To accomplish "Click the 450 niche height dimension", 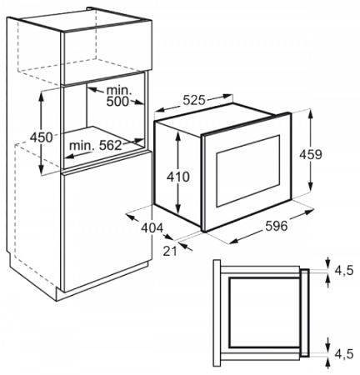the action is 42,137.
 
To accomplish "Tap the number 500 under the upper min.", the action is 118,102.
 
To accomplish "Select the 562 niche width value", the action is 110,145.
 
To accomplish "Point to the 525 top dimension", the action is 193,101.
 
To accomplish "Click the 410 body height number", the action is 177,177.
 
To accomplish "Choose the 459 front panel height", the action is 311,155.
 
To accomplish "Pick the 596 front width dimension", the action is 276,226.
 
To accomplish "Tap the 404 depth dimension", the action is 152,228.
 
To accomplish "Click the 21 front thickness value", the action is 170,252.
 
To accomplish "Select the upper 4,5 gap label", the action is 344,270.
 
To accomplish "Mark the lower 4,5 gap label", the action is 344,354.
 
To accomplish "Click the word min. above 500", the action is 119,90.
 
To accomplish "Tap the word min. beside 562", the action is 82,145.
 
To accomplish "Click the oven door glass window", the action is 248,171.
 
